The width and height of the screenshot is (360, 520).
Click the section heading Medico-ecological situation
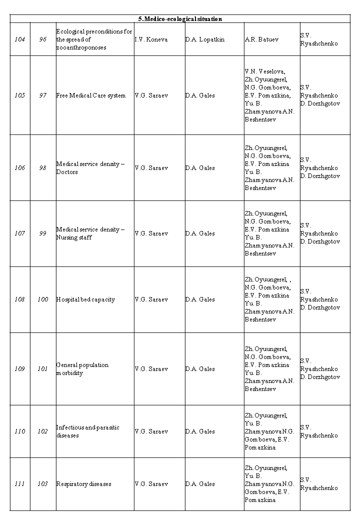pos(180,19)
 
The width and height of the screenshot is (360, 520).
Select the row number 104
pos(19,39)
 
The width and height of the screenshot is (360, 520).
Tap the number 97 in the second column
pos(43,95)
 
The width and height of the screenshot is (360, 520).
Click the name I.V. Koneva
pos(151,39)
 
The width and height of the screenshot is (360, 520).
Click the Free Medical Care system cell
pos(91,95)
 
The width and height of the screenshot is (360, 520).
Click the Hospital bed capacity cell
pos(85,299)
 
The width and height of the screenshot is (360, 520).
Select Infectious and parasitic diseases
pos(88,431)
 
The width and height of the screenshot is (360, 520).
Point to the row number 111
pos(19,484)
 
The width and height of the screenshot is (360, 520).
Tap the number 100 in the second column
pos(43,299)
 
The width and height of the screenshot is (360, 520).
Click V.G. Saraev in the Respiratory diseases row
pos(151,484)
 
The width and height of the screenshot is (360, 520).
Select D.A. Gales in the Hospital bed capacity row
pos(200,299)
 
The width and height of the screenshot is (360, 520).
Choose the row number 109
pos(19,369)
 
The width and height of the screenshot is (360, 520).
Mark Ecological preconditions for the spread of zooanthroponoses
pos(94,39)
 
